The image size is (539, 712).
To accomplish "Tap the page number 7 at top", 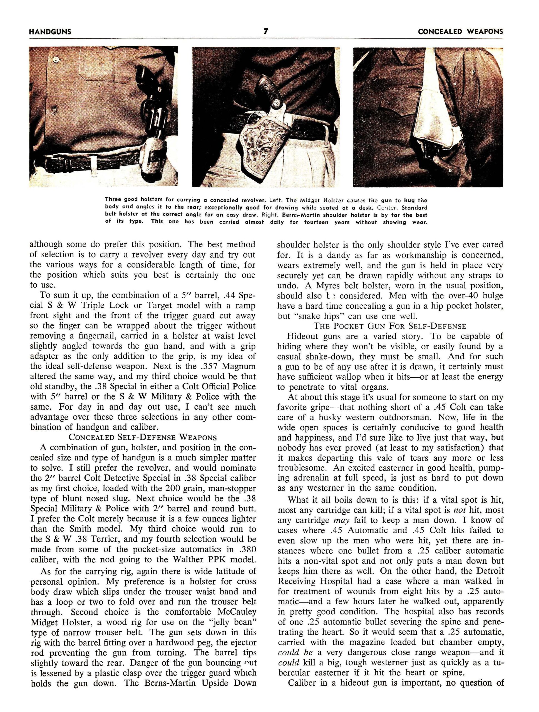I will click(266, 31).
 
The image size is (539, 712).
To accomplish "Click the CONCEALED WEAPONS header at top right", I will click(460, 31).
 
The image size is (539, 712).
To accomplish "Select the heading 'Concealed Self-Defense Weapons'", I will click(143, 437).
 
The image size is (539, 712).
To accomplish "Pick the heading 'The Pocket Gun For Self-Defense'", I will click(390, 326).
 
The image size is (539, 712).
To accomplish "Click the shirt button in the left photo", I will click(57, 60).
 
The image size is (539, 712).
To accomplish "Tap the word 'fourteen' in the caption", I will click(317, 222).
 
